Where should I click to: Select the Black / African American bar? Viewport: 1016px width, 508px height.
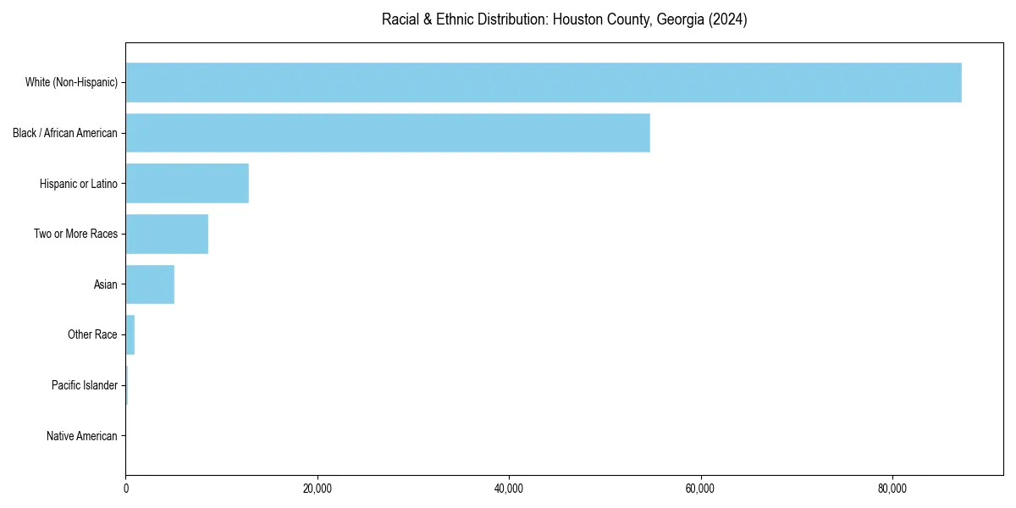[x=388, y=133]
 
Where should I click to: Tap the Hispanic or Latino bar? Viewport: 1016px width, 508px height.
[x=187, y=183]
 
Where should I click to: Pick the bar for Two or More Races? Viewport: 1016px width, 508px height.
[x=167, y=234]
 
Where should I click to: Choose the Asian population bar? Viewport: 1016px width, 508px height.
[x=150, y=284]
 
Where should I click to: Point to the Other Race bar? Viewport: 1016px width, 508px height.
[x=130, y=334]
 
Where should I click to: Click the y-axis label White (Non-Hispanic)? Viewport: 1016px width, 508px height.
[x=71, y=82]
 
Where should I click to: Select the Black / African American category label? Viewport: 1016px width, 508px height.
[x=65, y=133]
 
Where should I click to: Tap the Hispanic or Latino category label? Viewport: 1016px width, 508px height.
[x=79, y=184]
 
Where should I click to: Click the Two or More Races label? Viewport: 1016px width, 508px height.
[x=76, y=234]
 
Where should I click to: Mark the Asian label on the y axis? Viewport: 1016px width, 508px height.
[x=106, y=284]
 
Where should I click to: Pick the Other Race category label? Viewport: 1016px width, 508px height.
[x=92, y=335]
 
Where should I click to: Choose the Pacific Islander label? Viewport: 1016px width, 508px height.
[x=85, y=385]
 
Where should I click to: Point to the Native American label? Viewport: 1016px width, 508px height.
[x=82, y=436]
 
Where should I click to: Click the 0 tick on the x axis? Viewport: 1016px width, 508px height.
[x=126, y=489]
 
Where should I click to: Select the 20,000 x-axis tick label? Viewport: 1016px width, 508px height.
[x=317, y=489]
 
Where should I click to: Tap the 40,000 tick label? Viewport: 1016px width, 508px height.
[x=509, y=489]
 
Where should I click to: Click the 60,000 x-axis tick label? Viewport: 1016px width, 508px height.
[x=700, y=489]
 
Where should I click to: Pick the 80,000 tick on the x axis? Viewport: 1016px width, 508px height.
[x=892, y=489]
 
